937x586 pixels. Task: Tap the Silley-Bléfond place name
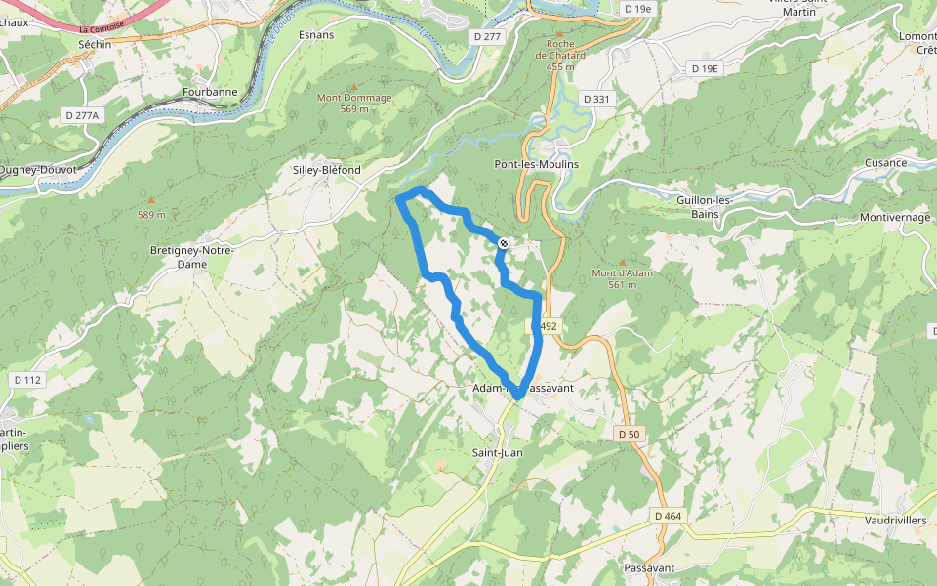(x=327, y=170)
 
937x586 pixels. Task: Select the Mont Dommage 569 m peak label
(x=352, y=103)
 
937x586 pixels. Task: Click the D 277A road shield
(x=82, y=115)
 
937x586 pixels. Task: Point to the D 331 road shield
(x=595, y=99)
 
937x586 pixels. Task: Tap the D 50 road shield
(x=628, y=432)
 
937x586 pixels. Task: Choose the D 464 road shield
(x=669, y=516)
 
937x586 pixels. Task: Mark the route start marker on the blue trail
(x=503, y=243)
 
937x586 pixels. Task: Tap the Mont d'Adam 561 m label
(x=622, y=278)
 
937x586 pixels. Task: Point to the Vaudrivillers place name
(x=895, y=521)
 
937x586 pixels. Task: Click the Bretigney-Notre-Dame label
(x=191, y=256)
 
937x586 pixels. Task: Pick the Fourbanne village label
(x=209, y=93)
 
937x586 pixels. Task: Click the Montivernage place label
(x=895, y=217)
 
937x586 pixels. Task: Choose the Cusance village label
(x=885, y=163)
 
